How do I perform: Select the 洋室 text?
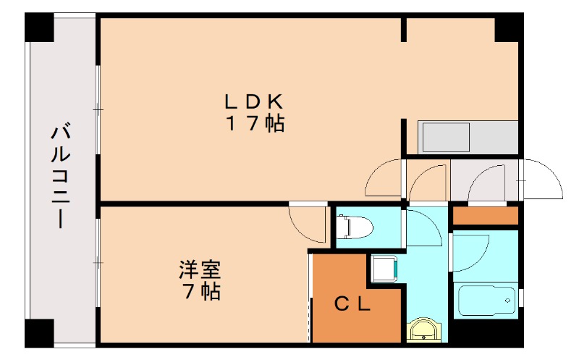point(200,271)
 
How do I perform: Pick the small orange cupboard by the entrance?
point(486,216)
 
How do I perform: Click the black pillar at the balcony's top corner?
point(39,28)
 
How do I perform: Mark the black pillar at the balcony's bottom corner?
point(39,332)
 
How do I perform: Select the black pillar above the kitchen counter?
point(508,28)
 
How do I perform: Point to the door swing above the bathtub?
point(473,251)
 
